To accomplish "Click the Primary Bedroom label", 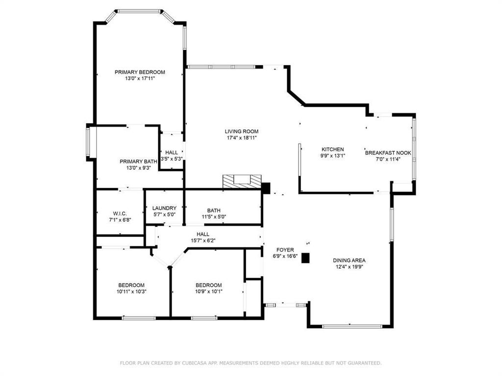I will tap(140, 72).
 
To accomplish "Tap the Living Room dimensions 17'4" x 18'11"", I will tap(242, 138).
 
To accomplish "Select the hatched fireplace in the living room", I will tap(242, 182).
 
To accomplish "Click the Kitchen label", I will tap(332, 149).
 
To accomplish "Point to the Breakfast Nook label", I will tap(388, 153).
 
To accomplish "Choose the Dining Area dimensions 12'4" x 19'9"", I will tap(349, 267).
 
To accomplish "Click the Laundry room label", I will tap(164, 208).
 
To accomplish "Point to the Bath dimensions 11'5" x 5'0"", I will tap(213, 217).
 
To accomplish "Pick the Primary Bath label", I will tap(138, 161).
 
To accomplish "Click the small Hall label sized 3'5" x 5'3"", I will tap(172, 152).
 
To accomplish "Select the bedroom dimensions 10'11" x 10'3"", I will tap(131, 292).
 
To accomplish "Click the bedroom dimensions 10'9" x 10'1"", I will tap(209, 292).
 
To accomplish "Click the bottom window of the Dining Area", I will tap(350, 326).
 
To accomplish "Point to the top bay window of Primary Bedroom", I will tap(140, 10).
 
